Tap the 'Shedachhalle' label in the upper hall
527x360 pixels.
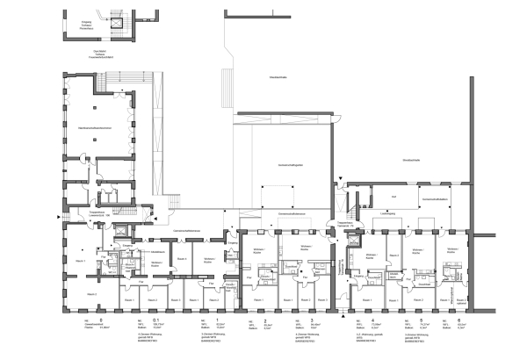pyautogui.click(x=279, y=78)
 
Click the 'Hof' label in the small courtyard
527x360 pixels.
pyautogui.click(x=394, y=196)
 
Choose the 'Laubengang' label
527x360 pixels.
pyautogui.click(x=386, y=213)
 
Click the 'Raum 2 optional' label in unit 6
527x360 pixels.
pyautogui.click(x=455, y=301)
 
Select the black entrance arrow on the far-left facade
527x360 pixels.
pyautogui.click(x=58, y=215)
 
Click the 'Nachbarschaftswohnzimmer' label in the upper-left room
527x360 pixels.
pyautogui.click(x=96, y=128)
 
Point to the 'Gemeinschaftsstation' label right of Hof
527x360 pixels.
pyautogui.click(x=435, y=200)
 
